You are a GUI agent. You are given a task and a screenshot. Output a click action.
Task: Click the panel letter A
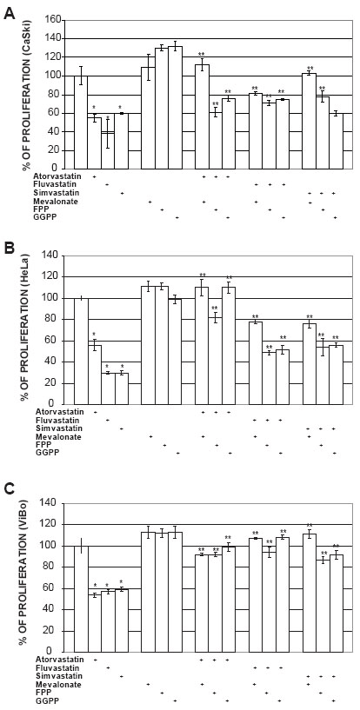click(x=9, y=15)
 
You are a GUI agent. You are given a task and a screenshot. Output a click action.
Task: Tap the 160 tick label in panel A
click(x=52, y=20)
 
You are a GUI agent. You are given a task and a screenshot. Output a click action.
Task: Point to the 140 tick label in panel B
click(x=52, y=255)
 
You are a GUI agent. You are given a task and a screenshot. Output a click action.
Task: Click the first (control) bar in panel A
click(x=81, y=123)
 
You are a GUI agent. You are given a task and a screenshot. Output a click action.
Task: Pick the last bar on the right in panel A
click(x=336, y=141)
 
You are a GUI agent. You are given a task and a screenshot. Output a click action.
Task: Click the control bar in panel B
click(x=81, y=351)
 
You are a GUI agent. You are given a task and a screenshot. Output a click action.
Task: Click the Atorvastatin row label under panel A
click(x=51, y=176)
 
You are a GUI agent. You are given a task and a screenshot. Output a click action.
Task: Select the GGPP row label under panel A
click(x=43, y=218)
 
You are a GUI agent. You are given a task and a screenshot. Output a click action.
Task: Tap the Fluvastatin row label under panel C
click(x=51, y=668)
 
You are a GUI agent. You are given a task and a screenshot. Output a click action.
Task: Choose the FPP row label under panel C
click(x=41, y=693)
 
